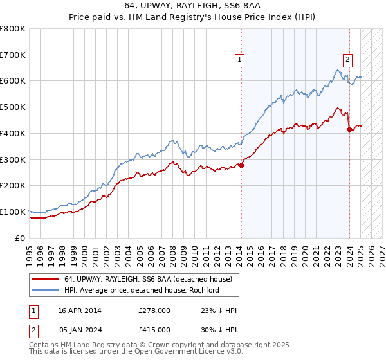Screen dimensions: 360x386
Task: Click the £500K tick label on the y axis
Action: (x=12, y=107)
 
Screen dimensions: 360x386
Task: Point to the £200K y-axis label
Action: (x=12, y=186)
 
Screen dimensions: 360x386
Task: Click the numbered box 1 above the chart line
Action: (x=239, y=60)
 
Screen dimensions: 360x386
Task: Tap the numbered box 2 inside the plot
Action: (x=347, y=60)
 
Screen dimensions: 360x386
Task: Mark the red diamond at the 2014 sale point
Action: (x=242, y=165)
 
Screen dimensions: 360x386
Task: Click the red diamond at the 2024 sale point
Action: (x=349, y=129)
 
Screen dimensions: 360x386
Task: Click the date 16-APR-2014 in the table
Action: (x=79, y=310)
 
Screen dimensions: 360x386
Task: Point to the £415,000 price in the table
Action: (x=154, y=329)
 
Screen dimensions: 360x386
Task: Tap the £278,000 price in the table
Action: (x=154, y=310)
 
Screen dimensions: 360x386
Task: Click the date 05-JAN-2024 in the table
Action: (x=79, y=329)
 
